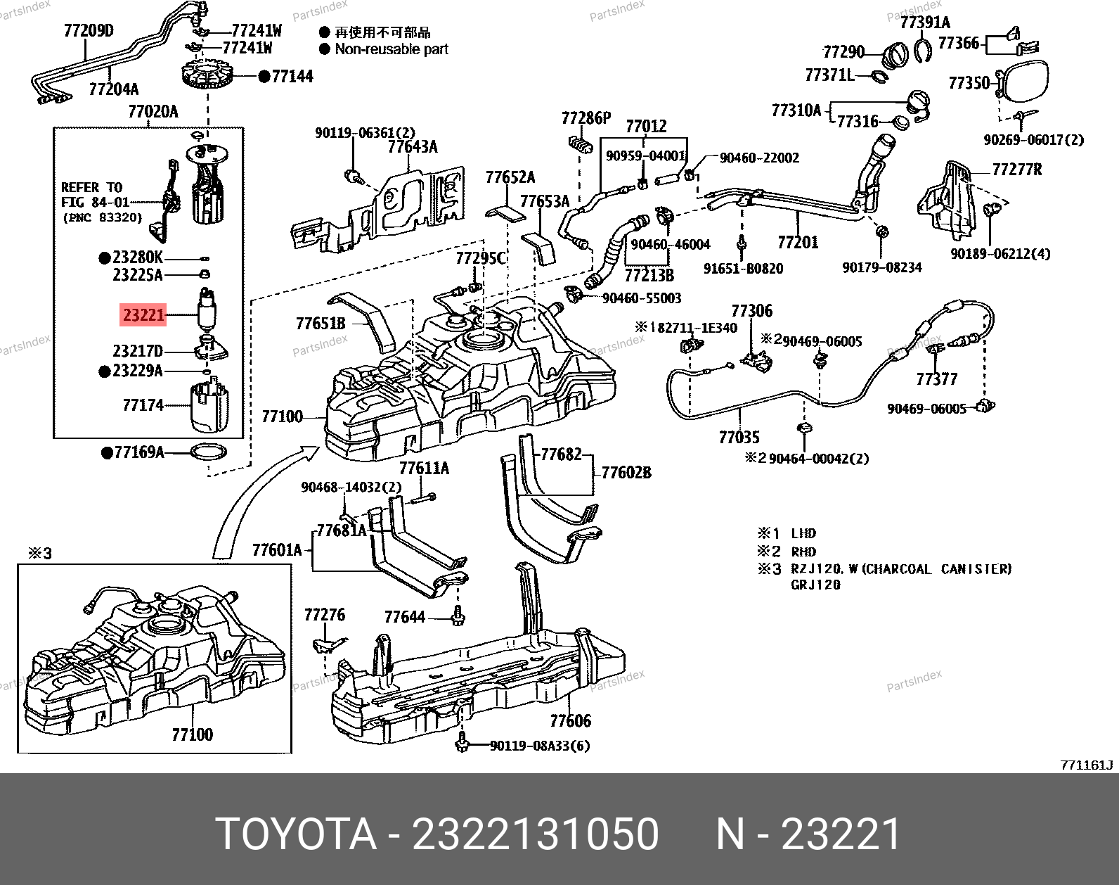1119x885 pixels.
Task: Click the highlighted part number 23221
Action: point(143,314)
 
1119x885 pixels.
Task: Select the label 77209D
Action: point(89,31)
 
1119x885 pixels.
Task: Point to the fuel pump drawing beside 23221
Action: point(206,310)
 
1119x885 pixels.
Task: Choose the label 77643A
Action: point(413,146)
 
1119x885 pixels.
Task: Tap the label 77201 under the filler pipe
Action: point(798,243)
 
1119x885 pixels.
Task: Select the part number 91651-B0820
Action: point(743,268)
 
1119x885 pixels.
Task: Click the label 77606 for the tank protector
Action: point(570,720)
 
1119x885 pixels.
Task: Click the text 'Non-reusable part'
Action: point(391,49)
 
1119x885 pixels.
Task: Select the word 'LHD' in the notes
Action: point(803,533)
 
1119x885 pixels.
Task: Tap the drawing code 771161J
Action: point(1087,765)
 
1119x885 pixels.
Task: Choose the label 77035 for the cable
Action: point(739,438)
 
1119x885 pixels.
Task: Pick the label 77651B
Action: point(321,323)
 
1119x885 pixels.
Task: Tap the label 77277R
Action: point(1016,170)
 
